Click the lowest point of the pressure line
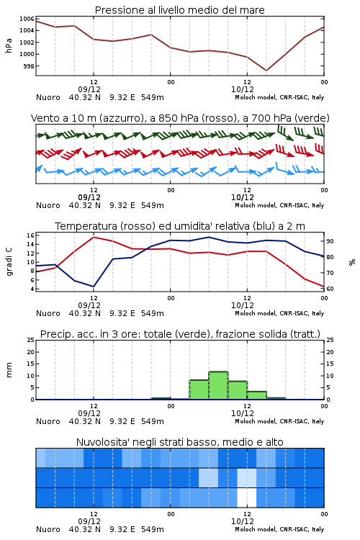coord(266,71)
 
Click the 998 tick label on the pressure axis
coord(29,66)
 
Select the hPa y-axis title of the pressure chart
coord(9,45)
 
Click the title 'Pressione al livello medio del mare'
coord(180,10)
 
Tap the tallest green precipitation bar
coord(218,385)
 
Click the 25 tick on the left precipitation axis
coord(31,340)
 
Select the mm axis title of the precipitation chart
coord(9,370)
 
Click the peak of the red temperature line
coord(94,237)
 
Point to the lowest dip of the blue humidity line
coord(94,287)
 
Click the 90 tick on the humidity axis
coord(330,241)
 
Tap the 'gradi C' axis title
coord(9,262)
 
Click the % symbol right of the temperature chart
coord(352,262)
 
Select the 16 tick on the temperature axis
coord(31,235)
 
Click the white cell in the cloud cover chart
coord(247,498)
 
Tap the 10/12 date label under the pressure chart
coord(243,89)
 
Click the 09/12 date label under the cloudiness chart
coord(89,521)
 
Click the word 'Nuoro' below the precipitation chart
coord(48,421)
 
